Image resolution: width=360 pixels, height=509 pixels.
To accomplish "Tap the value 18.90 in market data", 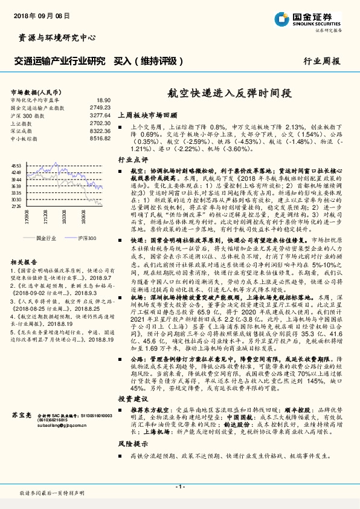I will pyautogui.click(x=103, y=100).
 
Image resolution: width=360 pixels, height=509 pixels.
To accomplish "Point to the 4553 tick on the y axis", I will pyautogui.click(x=16, y=164).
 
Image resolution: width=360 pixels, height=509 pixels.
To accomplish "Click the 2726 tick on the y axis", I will pyautogui.click(x=16, y=206).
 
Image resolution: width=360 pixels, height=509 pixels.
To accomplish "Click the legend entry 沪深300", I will pyautogui.click(x=87, y=238).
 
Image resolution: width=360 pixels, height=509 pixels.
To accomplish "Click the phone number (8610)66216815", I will pyautogui.click(x=55, y=420).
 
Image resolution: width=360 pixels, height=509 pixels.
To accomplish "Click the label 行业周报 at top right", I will pyautogui.click(x=321, y=62).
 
